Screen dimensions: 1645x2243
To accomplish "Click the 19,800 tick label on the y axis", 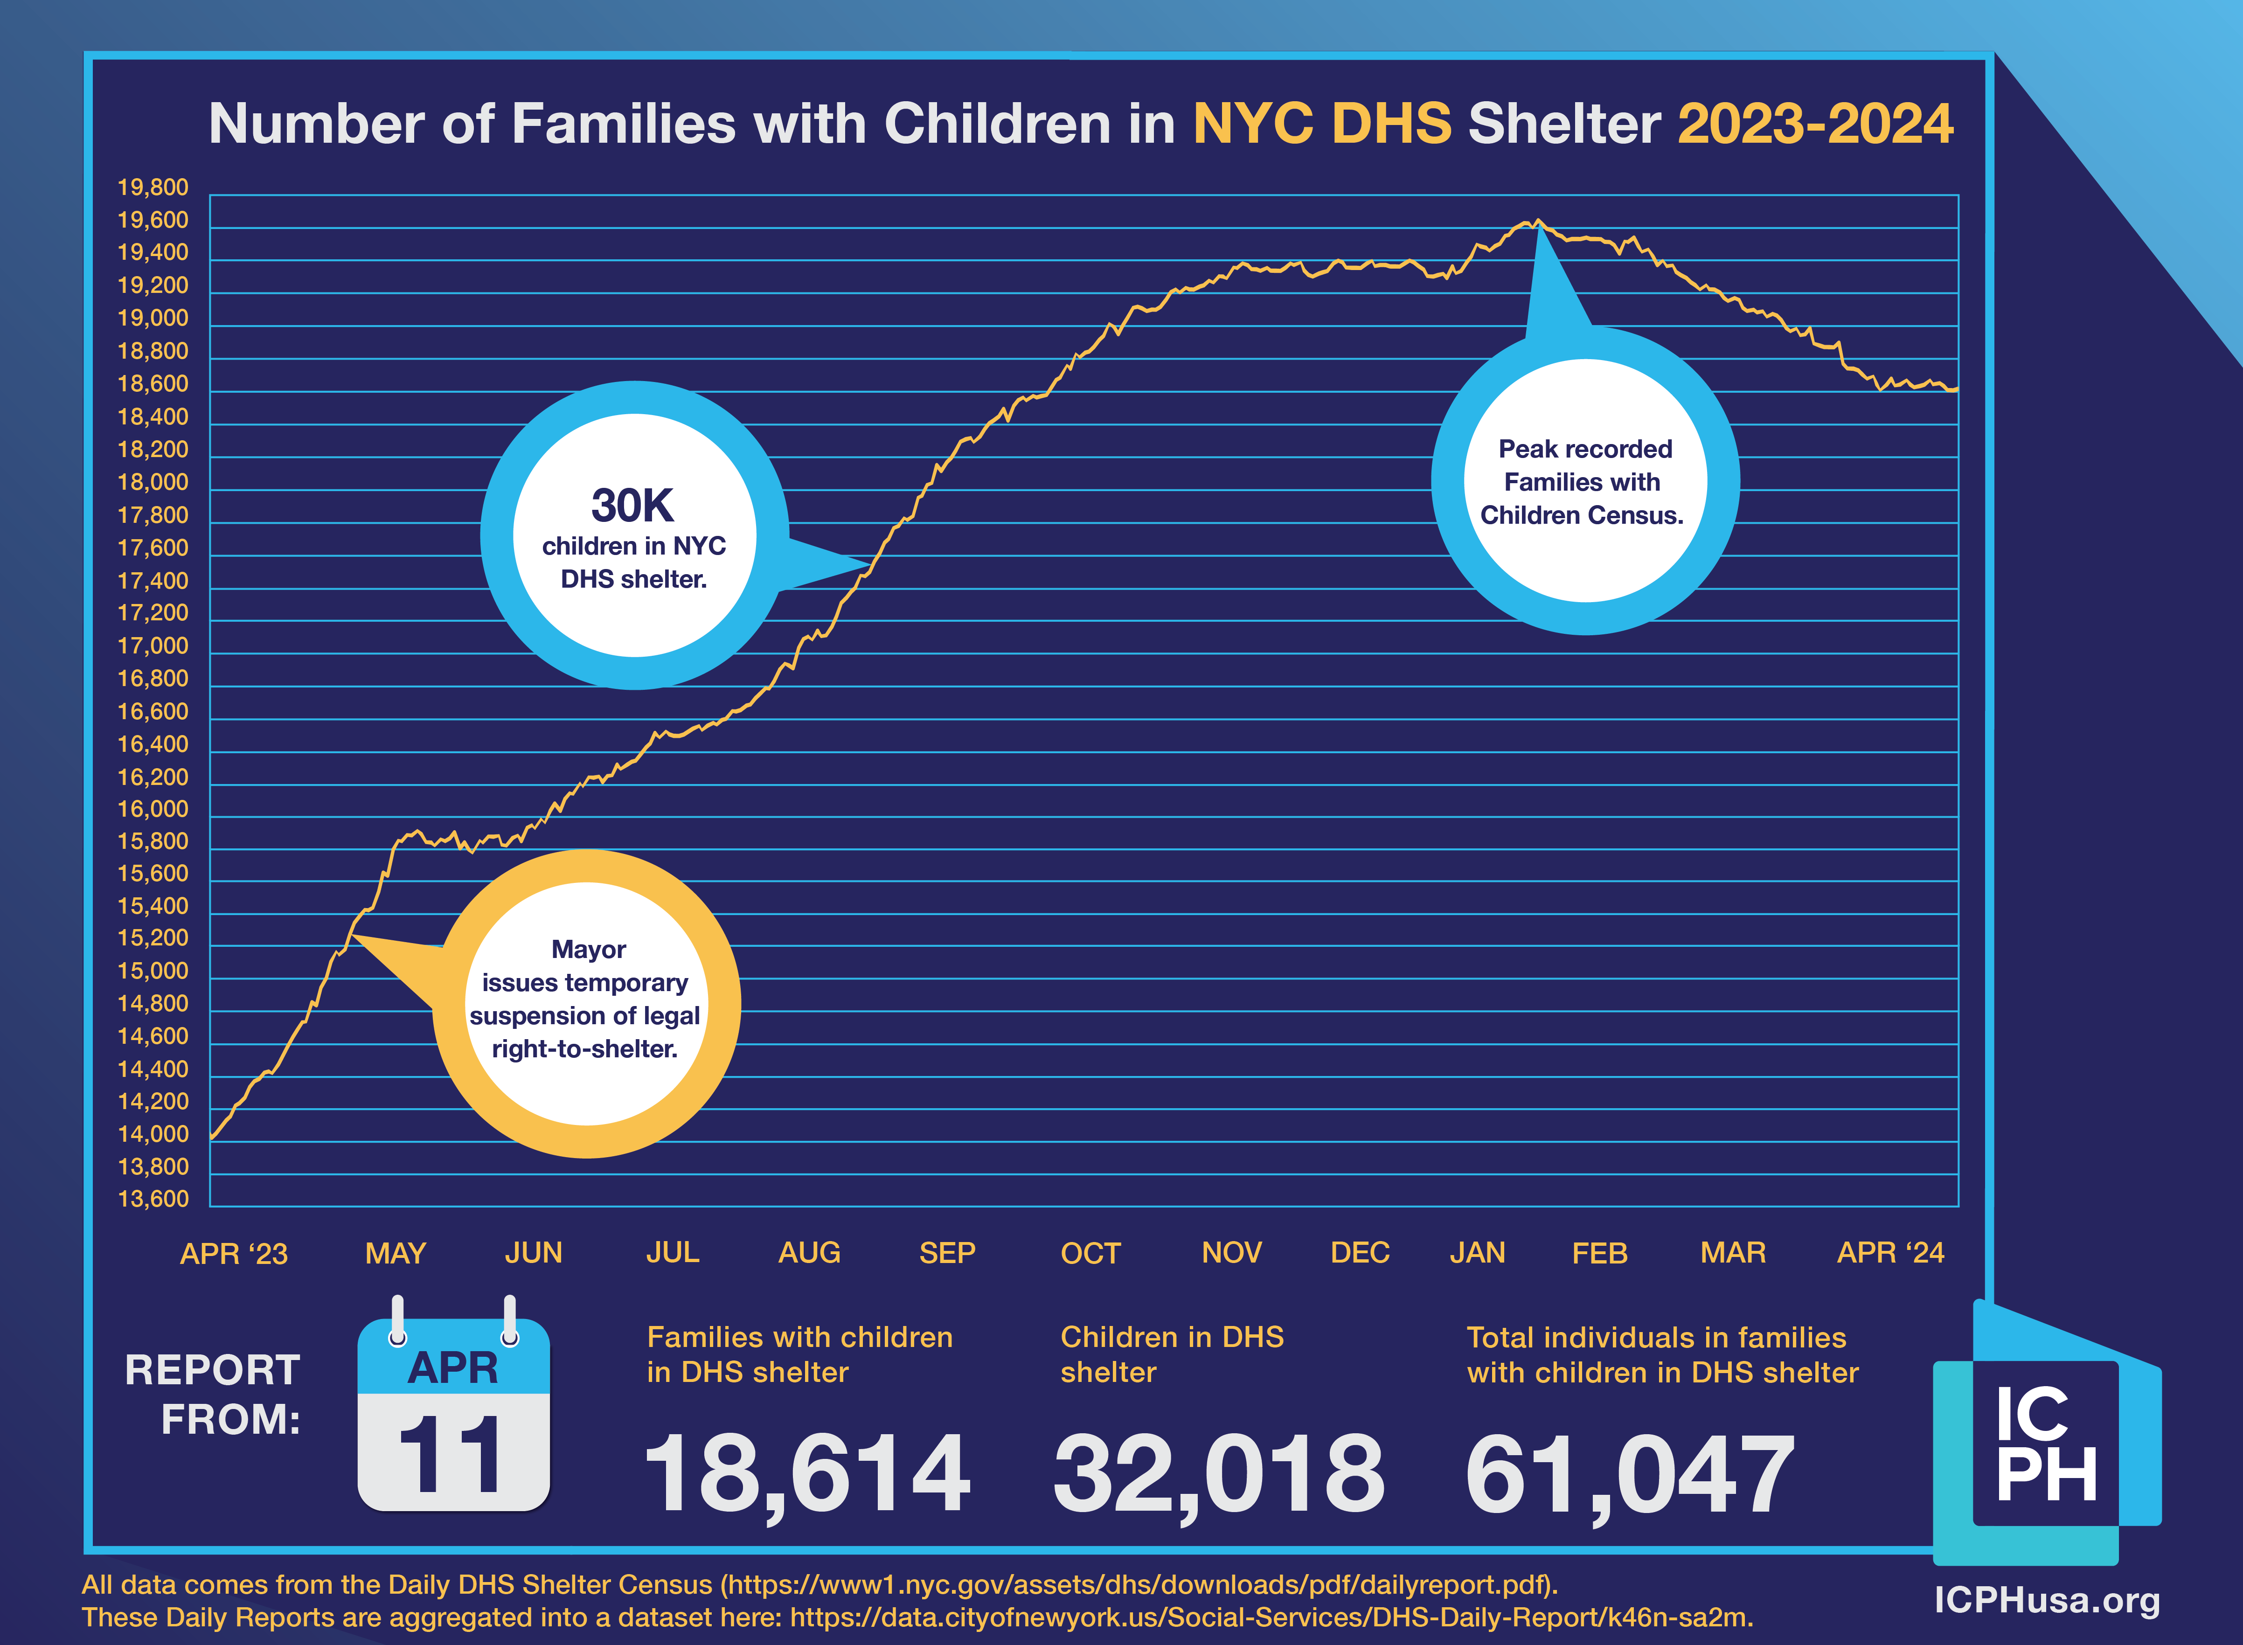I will point(153,187).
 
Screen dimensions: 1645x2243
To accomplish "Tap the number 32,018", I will point(1219,1474).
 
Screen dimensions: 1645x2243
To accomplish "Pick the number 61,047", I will point(1630,1474).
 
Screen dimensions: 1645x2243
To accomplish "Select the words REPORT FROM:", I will point(213,1394).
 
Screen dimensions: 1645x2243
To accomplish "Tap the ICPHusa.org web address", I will point(2047,1600).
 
